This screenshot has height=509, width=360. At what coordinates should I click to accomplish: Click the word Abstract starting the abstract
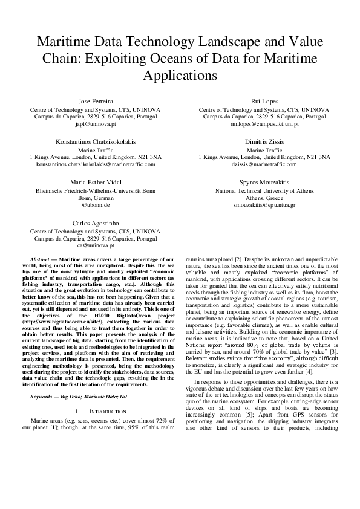click(41, 259)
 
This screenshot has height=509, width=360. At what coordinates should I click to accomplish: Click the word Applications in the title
click(179, 76)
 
